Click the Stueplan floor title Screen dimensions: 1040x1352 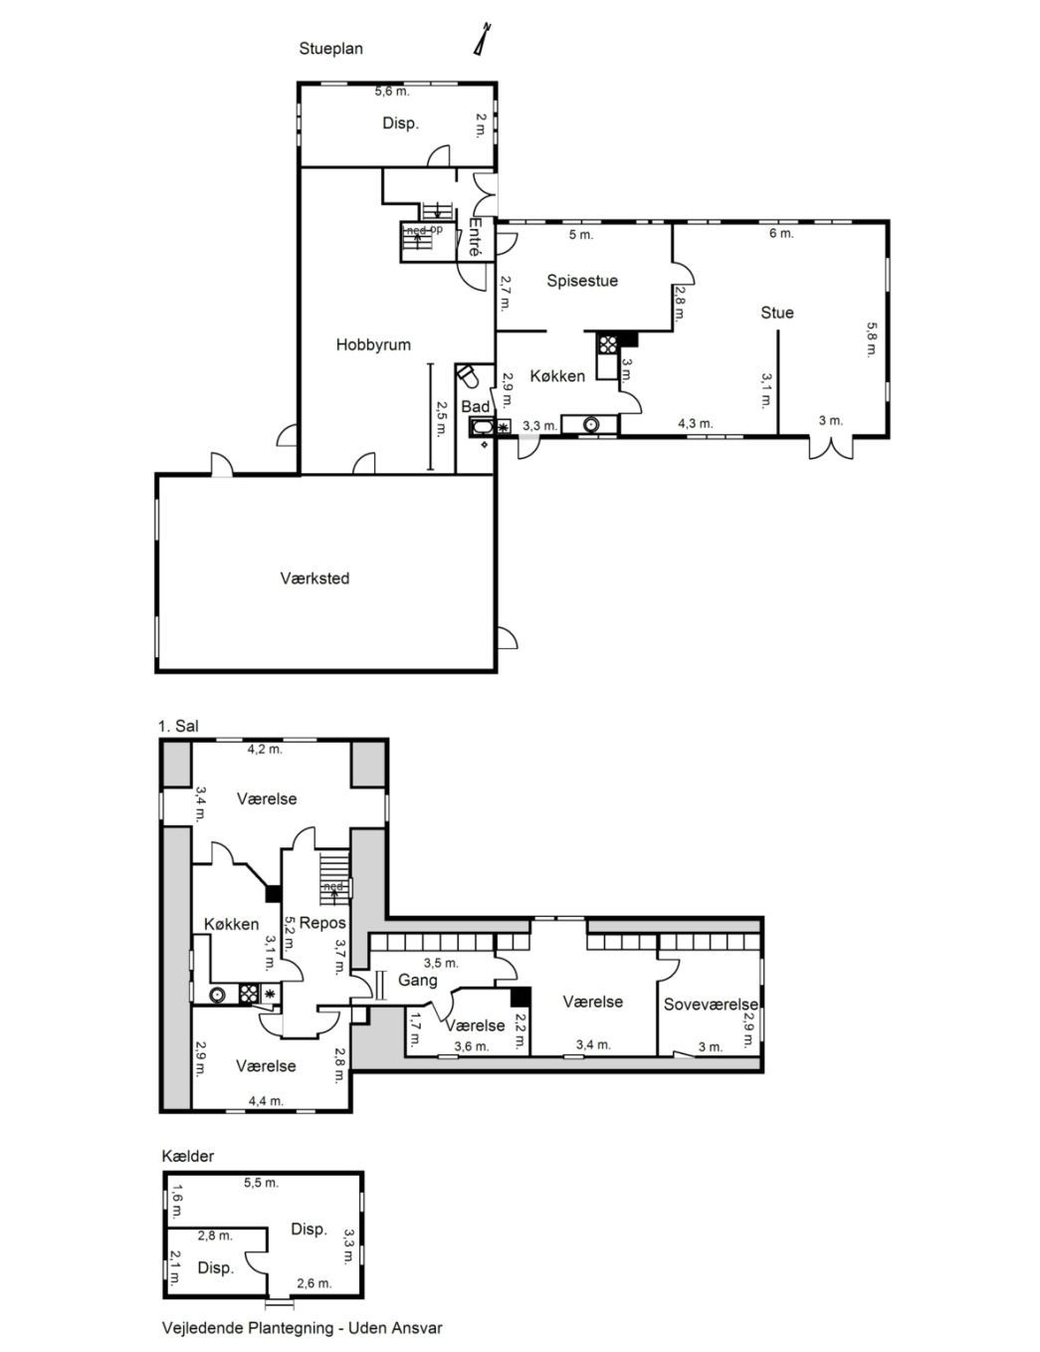(330, 49)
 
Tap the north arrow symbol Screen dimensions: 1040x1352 (481, 39)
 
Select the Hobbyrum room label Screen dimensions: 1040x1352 (373, 344)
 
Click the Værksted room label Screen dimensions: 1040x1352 (314, 578)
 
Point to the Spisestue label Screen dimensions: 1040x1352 (582, 281)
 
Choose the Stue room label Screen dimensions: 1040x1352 (777, 313)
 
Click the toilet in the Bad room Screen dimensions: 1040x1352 (468, 375)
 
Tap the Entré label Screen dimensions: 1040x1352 (476, 237)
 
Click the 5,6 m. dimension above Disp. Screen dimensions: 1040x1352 (392, 92)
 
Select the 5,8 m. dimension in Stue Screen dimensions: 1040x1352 (871, 338)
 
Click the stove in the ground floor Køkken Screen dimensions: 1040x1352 (607, 344)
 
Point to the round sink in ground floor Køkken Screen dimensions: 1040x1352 (590, 424)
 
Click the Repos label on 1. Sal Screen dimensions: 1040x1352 (322, 922)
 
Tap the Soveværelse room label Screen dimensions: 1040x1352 (711, 1004)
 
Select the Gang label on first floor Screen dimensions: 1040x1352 (417, 981)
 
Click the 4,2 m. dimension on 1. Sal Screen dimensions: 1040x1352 (265, 749)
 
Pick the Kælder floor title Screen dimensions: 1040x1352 (188, 1156)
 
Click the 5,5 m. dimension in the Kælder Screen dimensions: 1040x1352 (261, 1183)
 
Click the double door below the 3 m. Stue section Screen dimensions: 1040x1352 (831, 447)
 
